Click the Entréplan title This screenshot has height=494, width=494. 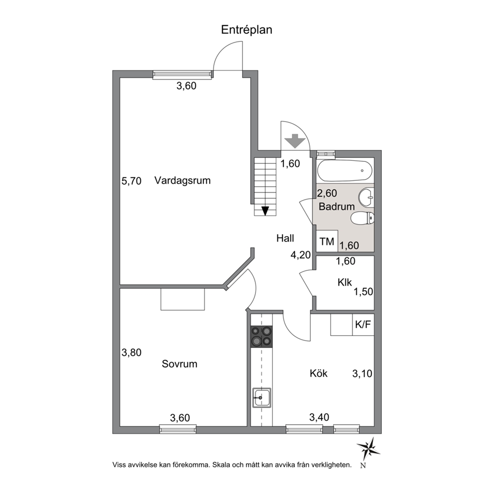point(247,30)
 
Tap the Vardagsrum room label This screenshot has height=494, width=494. point(182,181)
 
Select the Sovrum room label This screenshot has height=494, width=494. point(180,364)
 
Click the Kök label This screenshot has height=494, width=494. point(319,373)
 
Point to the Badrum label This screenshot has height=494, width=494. point(337,206)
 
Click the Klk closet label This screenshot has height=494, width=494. point(345,282)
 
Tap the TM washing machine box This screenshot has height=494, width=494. point(327,241)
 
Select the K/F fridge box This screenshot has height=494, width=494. point(363,325)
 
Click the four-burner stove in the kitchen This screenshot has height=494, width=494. point(261,337)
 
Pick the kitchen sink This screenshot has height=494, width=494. point(261,397)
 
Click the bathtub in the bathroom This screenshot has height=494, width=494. point(345,171)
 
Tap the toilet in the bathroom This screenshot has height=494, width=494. point(363,218)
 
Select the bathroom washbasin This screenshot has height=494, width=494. point(367,198)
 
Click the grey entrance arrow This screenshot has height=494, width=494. point(295,141)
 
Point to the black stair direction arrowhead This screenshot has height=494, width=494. point(265,211)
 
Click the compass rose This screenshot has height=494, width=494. point(368,448)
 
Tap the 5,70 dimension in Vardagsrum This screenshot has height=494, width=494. point(131,181)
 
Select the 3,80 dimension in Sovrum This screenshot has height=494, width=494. point(131,352)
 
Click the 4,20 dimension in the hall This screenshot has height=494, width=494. point(301,254)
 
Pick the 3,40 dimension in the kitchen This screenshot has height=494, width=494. point(319,417)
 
